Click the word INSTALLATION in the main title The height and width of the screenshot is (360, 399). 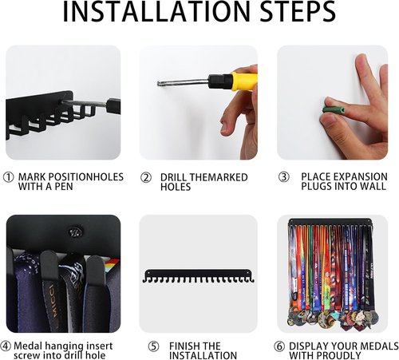156,11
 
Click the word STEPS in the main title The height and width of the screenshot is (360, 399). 298,11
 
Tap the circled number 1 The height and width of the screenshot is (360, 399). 8,177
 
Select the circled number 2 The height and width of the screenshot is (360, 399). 146,178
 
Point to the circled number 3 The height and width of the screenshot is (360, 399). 284,177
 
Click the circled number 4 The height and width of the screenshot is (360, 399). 6,346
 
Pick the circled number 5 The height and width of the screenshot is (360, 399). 153,346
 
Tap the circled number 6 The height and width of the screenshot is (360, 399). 279,346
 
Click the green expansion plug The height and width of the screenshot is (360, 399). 334,109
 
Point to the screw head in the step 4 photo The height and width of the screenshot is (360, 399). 76,232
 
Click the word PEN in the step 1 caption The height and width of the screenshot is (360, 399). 64,187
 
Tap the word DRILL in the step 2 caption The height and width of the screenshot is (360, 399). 174,177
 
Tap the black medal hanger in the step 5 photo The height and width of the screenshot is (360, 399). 198,276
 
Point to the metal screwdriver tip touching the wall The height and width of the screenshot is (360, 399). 160,84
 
